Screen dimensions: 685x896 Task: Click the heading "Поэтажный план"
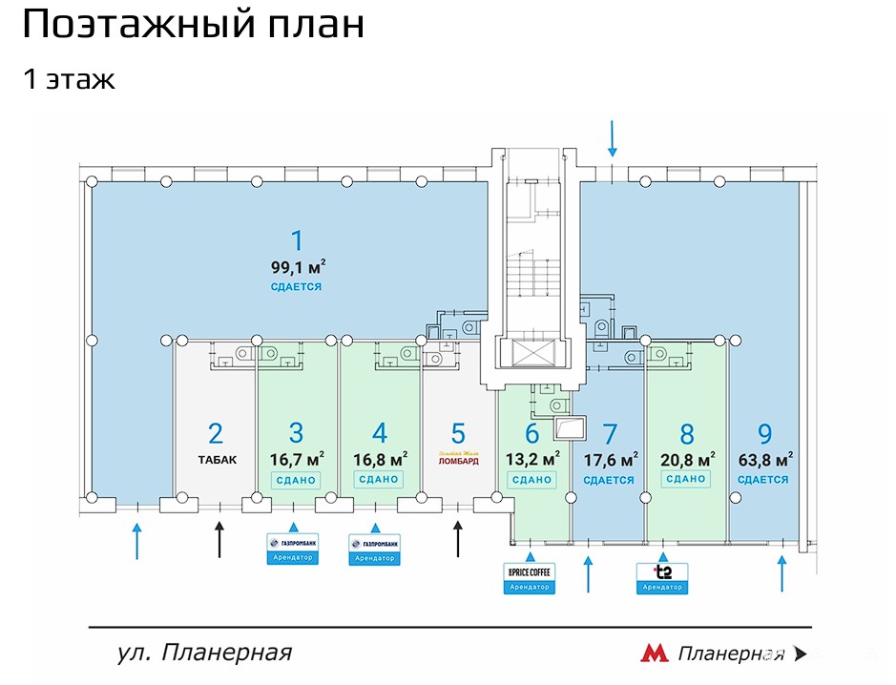(193, 25)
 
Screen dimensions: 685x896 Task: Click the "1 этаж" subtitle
(69, 78)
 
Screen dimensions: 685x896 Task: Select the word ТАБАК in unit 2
(217, 459)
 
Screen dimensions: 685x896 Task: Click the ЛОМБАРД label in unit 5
(458, 460)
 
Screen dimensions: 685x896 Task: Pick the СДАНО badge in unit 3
(296, 480)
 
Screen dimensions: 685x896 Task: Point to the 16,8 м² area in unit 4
(380, 458)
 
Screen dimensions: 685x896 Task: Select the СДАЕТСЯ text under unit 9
(763, 480)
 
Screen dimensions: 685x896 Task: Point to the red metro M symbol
(654, 654)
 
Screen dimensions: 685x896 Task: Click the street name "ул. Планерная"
(203, 654)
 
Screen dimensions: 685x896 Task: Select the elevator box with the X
(532, 352)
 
